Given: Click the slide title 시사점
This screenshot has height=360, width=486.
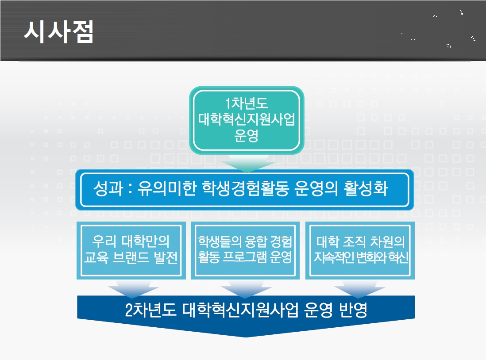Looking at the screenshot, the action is (x=58, y=31).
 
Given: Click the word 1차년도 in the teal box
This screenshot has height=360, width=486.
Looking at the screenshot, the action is (x=247, y=103).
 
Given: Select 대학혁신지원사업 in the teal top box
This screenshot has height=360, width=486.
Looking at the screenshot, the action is (x=247, y=119).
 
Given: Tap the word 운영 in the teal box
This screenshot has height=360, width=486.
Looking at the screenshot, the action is (x=247, y=135).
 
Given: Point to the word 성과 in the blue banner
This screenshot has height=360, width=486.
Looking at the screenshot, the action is (x=108, y=188).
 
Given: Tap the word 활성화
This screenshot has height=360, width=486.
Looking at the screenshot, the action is (x=366, y=188).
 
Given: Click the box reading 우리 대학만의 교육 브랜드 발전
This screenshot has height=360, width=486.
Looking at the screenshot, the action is (x=131, y=250).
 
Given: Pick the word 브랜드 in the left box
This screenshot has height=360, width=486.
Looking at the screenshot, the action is (x=131, y=257).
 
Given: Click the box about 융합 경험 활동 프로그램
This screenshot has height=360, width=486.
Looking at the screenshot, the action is (x=245, y=250).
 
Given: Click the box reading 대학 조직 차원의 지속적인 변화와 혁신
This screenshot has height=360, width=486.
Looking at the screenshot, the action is (x=360, y=250).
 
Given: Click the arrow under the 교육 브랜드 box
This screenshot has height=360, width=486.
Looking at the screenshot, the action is (x=133, y=289).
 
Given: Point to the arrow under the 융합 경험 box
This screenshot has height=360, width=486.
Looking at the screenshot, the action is (x=246, y=289).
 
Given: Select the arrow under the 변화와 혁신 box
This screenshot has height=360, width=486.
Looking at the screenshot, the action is (x=359, y=289).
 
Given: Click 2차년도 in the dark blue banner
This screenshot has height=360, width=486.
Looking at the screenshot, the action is (x=150, y=310).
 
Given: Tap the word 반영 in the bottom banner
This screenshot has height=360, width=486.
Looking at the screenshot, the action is (x=353, y=310).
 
